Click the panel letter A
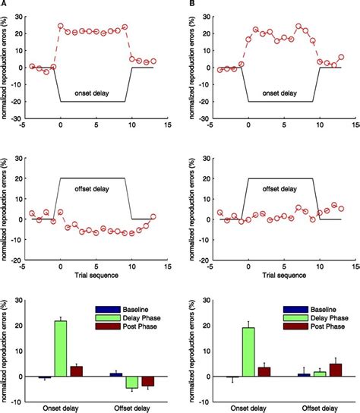click(x=5, y=4)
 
